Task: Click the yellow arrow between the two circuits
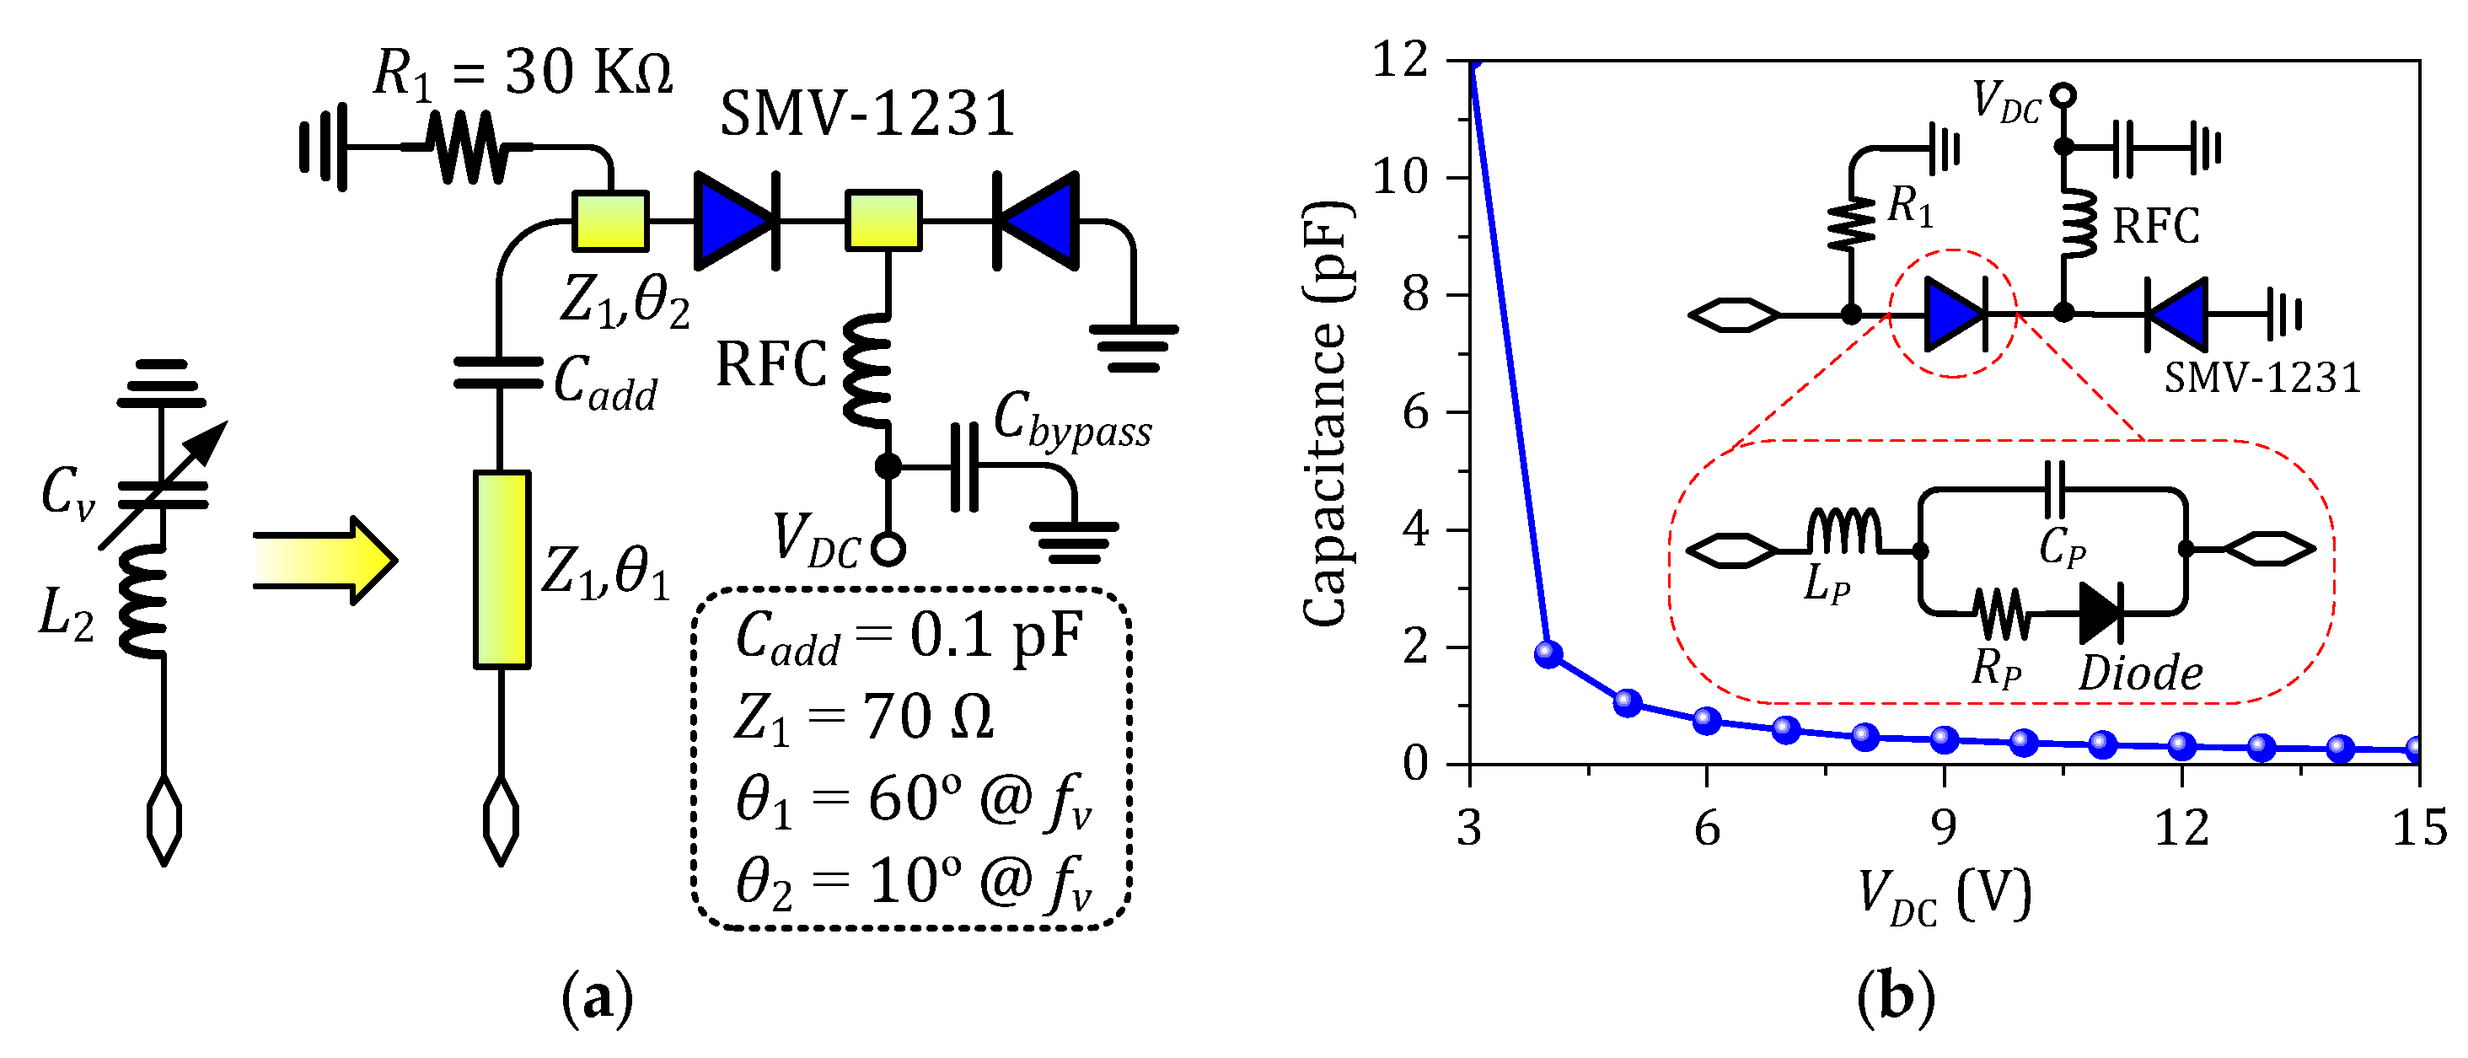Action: pos(325,560)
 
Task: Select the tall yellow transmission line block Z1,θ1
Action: pos(502,569)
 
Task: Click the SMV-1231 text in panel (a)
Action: pos(866,115)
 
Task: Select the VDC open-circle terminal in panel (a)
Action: pos(889,549)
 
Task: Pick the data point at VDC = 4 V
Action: pos(1548,654)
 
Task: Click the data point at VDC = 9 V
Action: pos(1944,738)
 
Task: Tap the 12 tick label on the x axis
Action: pos(2181,826)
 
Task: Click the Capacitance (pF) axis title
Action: pos(1326,412)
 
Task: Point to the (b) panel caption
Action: pos(1895,996)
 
